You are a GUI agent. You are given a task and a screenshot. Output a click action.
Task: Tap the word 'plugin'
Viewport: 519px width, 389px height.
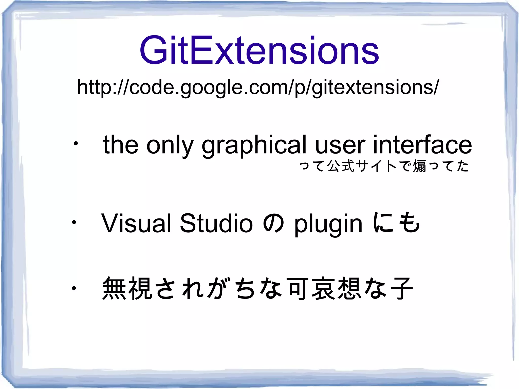click(328, 224)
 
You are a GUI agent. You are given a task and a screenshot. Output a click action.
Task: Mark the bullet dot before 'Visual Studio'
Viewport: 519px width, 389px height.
click(74, 223)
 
